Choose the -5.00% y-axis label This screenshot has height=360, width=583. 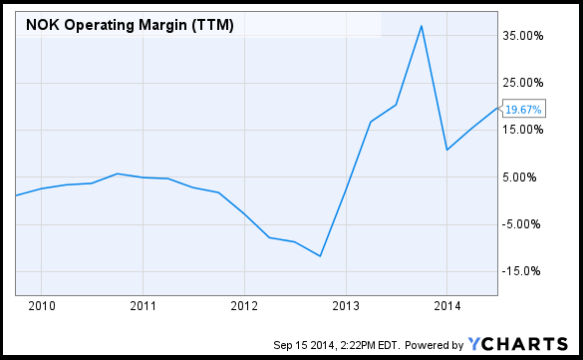pos(525,223)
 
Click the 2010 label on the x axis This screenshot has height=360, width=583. pos(42,304)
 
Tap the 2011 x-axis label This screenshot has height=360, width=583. pos(144,304)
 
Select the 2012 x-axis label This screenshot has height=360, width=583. pos(244,304)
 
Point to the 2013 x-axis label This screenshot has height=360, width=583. pos(346,304)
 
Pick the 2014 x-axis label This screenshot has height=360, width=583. pos(447,304)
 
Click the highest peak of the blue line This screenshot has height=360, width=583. pos(422,26)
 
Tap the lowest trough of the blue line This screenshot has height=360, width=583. pos(320,256)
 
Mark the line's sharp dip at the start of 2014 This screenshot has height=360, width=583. pos(447,150)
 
